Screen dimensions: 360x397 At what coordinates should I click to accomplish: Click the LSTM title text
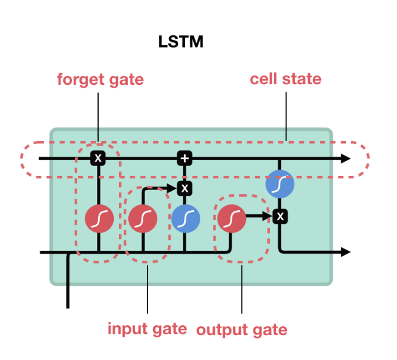point(181,42)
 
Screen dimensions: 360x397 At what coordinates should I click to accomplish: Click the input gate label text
point(147,329)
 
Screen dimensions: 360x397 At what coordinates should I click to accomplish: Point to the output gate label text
point(241,330)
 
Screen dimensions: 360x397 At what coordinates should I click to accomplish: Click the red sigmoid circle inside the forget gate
point(99,219)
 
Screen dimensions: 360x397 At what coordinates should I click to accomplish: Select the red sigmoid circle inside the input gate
point(142,219)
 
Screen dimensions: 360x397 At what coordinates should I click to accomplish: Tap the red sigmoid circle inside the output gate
point(231,218)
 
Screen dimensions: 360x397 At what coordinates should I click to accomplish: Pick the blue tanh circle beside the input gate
point(186,219)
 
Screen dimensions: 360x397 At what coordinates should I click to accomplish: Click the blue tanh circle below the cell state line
point(280,185)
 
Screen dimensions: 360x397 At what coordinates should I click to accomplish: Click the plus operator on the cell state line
point(184,158)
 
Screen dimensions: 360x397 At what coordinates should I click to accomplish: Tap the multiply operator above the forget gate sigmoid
point(98,158)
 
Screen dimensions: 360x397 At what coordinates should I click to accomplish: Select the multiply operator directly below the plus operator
point(184,188)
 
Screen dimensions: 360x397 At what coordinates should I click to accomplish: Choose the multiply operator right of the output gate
point(280,217)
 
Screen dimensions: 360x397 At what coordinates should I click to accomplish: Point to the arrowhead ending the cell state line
point(346,158)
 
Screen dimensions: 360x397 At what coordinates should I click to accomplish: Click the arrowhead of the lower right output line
point(346,252)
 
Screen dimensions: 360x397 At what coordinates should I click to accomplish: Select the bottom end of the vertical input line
point(68,306)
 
